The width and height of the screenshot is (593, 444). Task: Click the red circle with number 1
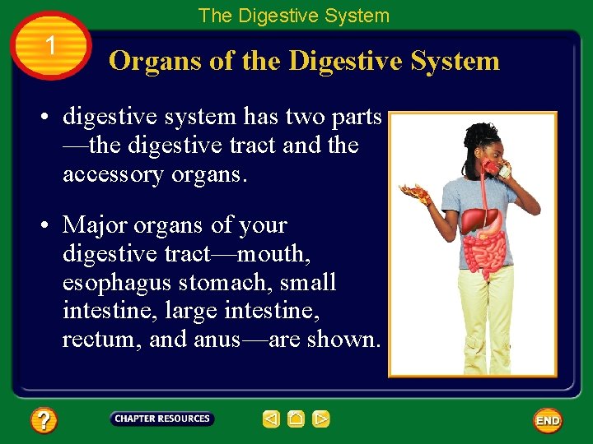(x=51, y=46)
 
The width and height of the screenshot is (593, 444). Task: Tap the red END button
(x=548, y=420)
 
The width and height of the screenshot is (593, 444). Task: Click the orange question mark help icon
(x=44, y=421)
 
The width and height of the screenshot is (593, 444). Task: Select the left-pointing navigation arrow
(x=271, y=419)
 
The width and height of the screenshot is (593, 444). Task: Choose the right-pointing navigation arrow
(x=321, y=419)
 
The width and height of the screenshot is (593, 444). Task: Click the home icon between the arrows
(x=296, y=419)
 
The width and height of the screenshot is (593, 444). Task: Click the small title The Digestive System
(x=293, y=16)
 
